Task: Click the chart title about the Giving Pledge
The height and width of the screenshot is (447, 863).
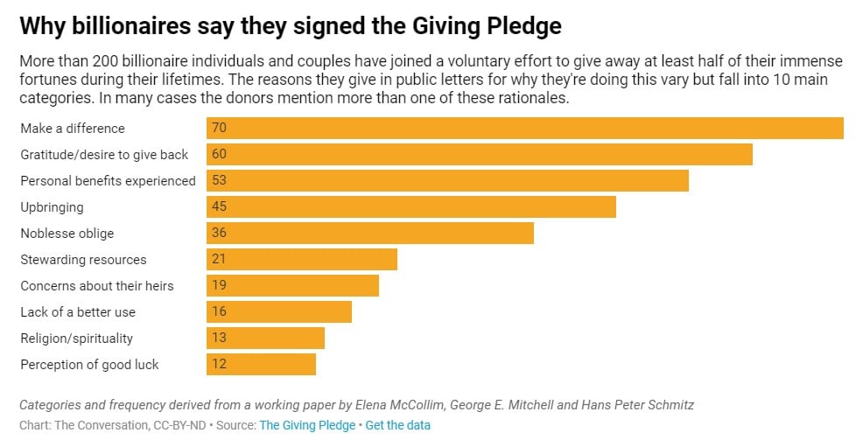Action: [290, 25]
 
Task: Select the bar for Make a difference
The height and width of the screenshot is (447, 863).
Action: [524, 128]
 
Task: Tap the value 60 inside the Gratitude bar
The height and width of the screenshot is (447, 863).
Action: [219, 154]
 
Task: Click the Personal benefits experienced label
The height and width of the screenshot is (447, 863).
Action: [108, 181]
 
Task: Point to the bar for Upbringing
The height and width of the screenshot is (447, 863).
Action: [411, 207]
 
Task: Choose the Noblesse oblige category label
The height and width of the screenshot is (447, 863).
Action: [67, 234]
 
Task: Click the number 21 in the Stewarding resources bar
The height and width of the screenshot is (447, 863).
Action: [219, 260]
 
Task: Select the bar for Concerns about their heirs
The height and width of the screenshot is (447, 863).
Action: [292, 286]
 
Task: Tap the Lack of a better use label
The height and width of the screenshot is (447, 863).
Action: [78, 312]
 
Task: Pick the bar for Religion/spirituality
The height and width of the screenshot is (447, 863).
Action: [265, 339]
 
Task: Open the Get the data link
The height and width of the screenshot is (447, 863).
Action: [397, 425]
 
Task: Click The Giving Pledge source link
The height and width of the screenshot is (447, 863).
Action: [307, 425]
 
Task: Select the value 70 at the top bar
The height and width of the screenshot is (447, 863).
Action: [219, 128]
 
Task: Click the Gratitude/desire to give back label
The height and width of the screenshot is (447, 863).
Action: [104, 155]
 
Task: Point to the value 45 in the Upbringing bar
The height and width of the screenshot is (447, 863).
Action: [219, 207]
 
